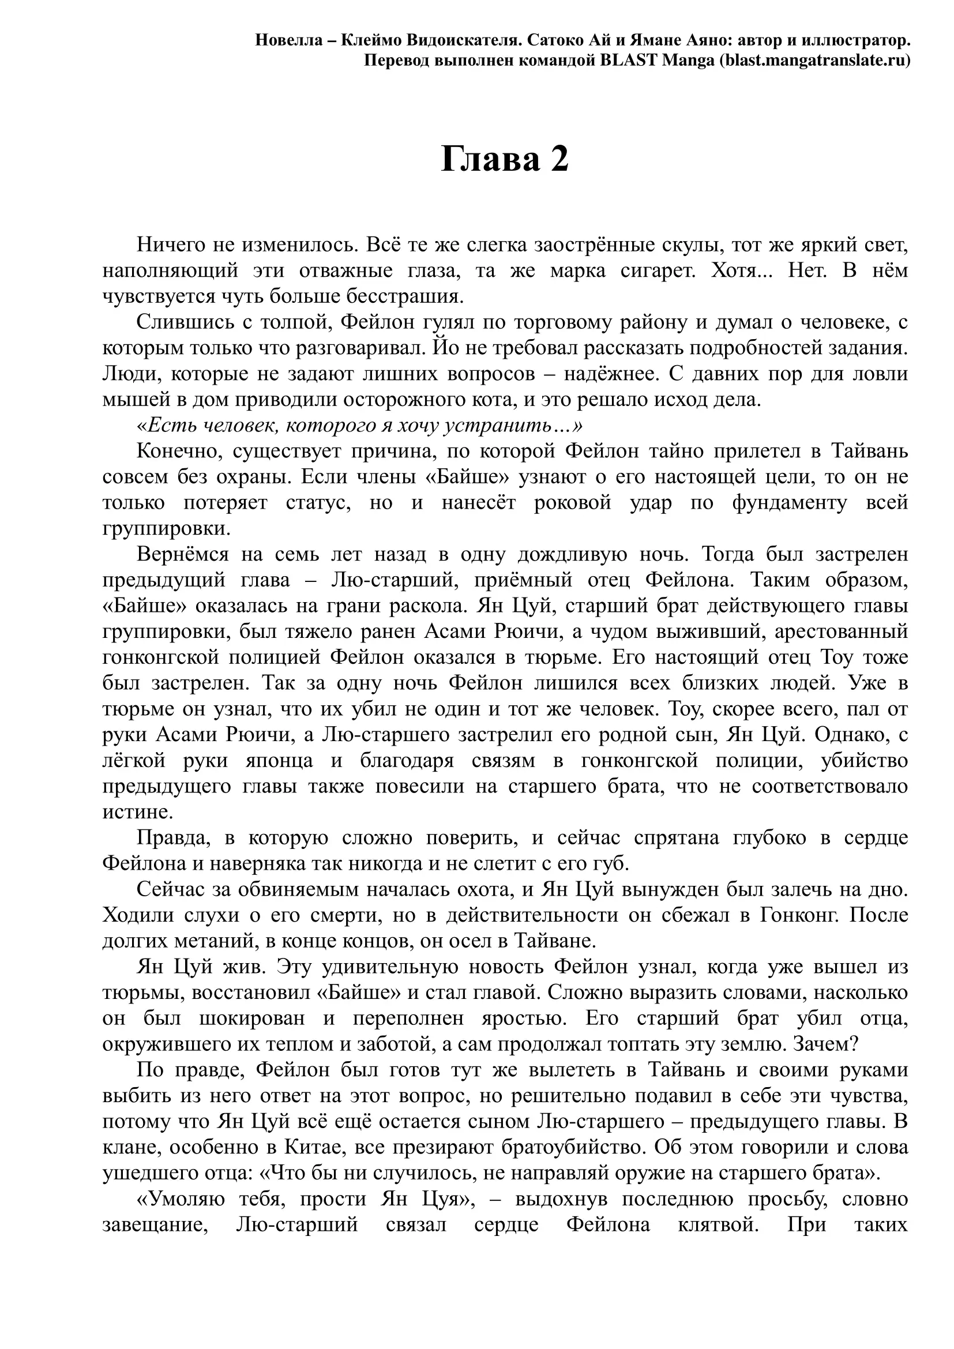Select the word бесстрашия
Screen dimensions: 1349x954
[405, 296]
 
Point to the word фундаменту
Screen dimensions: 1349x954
[789, 503]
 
